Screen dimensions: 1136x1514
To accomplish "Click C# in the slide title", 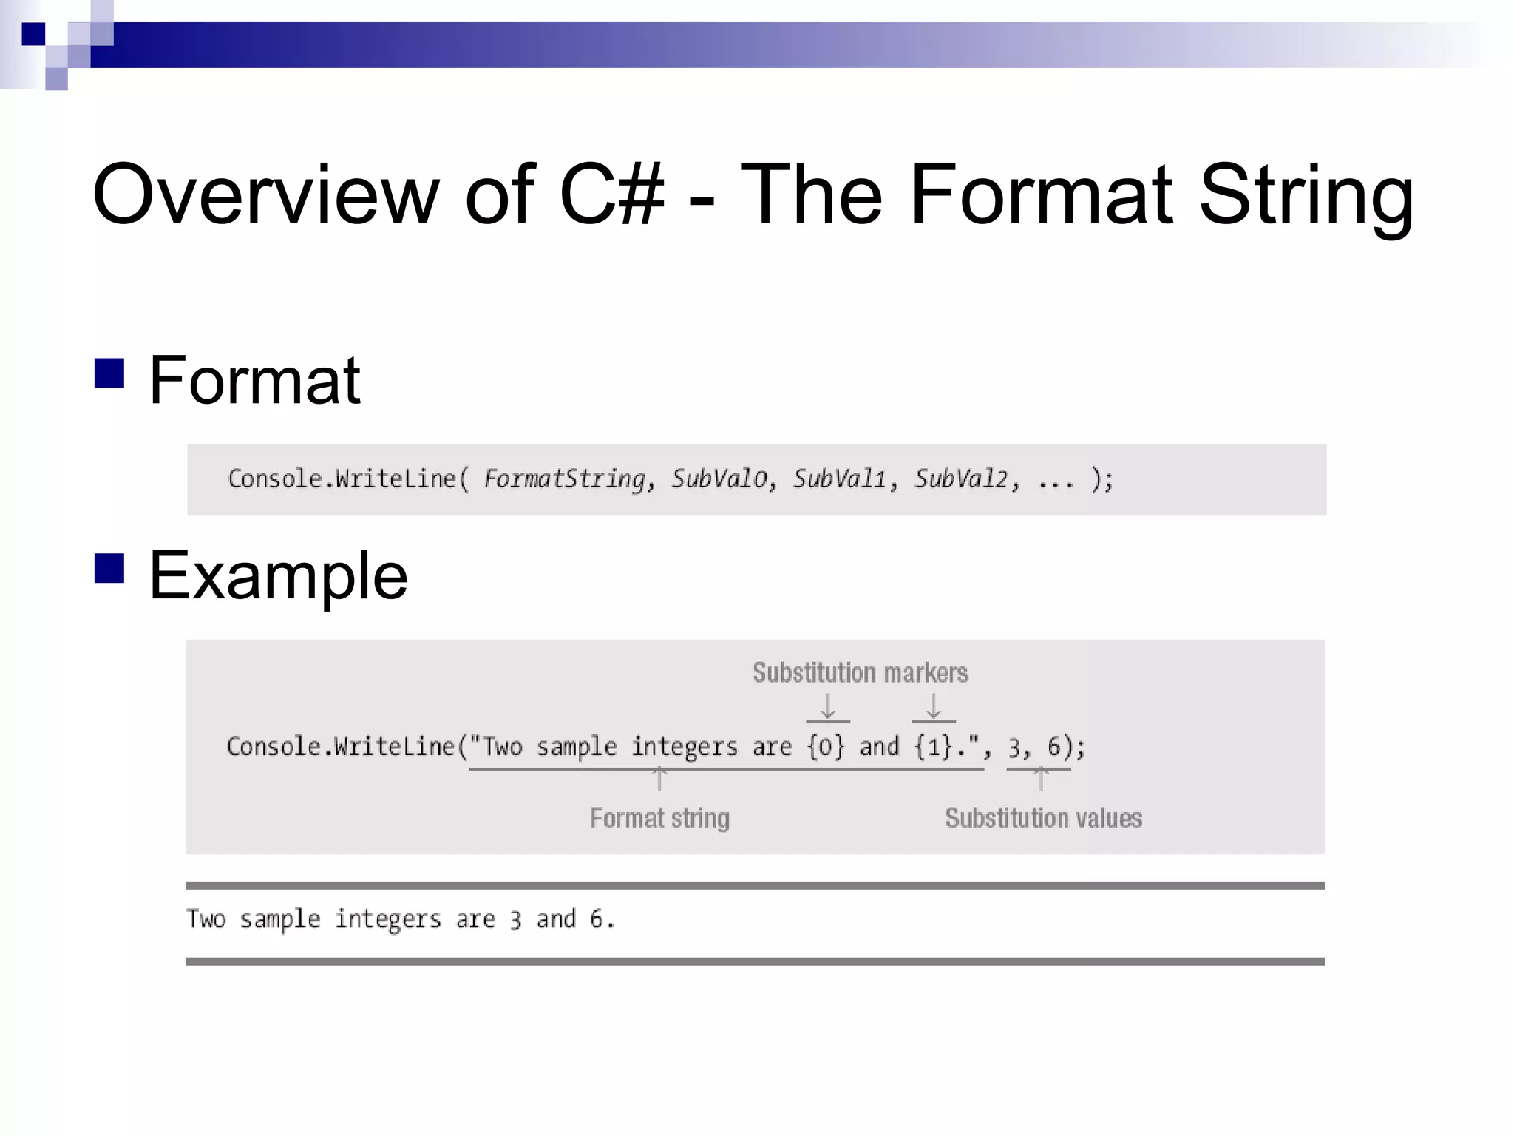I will (612, 195).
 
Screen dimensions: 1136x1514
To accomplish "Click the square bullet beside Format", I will (109, 373).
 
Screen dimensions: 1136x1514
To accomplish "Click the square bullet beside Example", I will (109, 568).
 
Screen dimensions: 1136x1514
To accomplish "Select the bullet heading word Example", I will (278, 576).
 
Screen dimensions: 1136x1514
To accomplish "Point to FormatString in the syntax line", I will (565, 479).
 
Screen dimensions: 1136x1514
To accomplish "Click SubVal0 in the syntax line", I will (719, 479).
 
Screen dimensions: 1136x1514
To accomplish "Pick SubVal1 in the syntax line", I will (840, 479).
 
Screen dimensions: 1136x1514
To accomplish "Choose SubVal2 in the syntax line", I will (961, 479).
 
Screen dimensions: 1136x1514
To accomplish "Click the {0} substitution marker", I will (826, 746).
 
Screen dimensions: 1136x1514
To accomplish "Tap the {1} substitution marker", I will (933, 746).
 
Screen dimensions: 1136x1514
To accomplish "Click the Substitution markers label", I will (860, 673).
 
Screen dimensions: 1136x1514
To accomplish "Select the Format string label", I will (659, 818).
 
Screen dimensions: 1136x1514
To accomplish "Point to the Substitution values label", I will (1043, 818).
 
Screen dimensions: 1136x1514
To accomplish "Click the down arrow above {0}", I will (828, 706).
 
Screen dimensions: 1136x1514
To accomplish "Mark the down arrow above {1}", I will (934, 706).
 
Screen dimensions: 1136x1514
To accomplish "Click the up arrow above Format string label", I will (659, 780).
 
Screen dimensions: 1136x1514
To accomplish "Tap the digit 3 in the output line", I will (515, 920).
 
